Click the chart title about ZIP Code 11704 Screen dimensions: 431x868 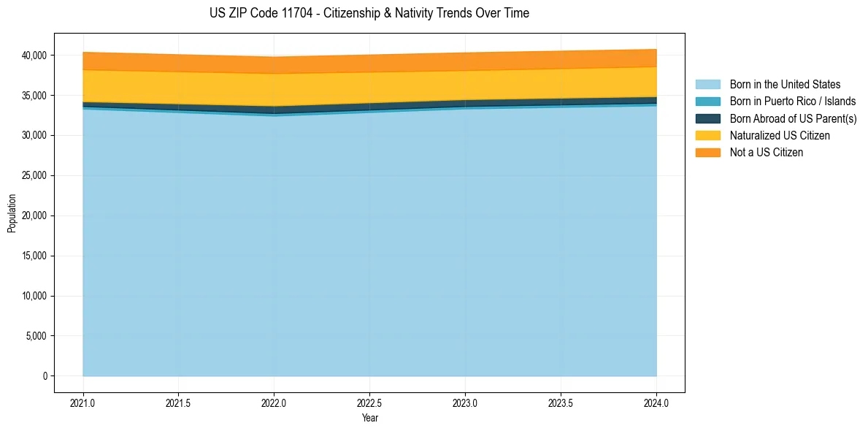tap(369, 13)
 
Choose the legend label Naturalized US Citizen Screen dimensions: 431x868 tap(780, 135)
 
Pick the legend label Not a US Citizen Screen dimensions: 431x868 tap(766, 152)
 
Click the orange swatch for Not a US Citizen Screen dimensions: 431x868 tap(707, 152)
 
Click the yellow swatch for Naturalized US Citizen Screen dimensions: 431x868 tap(707, 135)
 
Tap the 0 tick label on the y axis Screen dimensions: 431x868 tap(45, 376)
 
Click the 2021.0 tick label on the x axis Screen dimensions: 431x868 tap(83, 403)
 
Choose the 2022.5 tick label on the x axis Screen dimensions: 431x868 tap(370, 403)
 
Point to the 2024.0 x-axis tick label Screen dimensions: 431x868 tap(656, 403)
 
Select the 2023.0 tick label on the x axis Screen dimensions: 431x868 tap(465, 403)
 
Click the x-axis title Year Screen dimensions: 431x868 tap(370, 418)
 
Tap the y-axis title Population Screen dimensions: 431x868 tap(12, 213)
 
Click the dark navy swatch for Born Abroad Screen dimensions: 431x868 tap(707, 118)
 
